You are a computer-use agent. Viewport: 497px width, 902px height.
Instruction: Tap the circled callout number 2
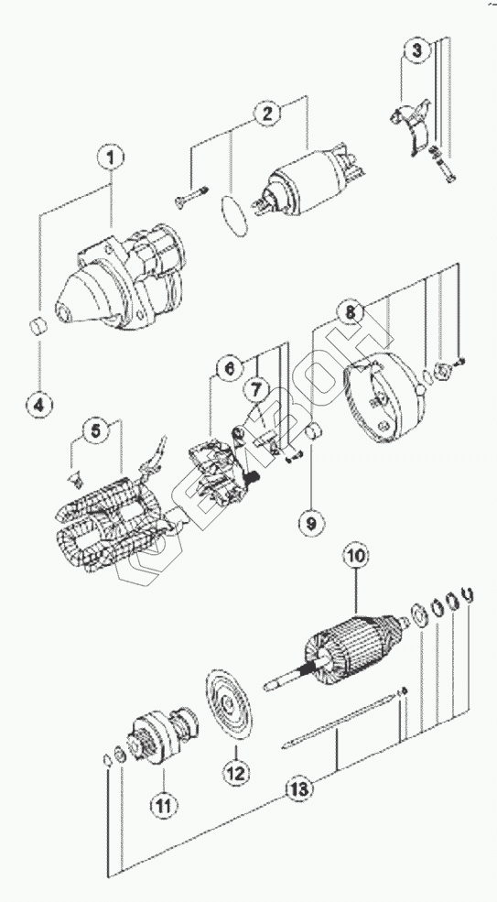point(267,114)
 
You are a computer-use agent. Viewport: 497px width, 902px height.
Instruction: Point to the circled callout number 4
point(39,405)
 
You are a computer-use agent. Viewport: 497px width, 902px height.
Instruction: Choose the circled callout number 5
point(95,430)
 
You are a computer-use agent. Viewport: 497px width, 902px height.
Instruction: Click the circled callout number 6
point(230,368)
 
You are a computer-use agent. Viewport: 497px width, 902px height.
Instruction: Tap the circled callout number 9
point(311,523)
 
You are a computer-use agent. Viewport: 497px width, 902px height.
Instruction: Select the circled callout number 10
point(355,556)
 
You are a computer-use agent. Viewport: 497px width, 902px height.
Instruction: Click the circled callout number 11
point(163,805)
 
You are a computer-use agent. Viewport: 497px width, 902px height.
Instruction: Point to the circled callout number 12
point(236,772)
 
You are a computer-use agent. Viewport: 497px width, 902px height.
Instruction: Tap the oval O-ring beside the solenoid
point(234,213)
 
